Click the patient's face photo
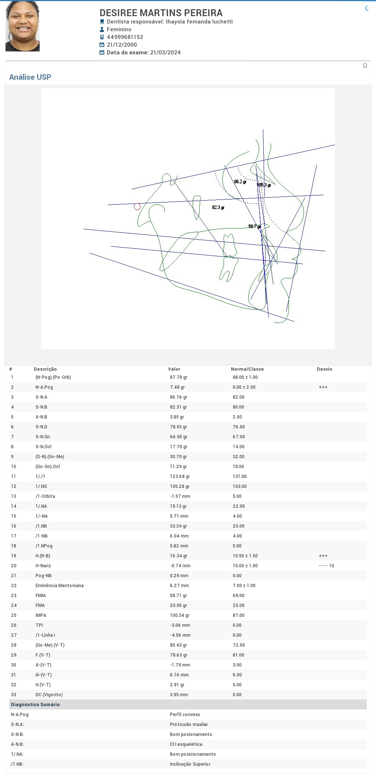point(22,26)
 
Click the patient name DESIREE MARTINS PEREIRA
point(161,13)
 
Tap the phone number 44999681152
point(125,37)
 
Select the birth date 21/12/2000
point(122,45)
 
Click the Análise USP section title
point(30,77)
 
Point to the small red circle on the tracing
point(137,207)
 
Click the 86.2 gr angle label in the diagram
point(240,182)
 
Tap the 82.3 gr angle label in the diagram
point(218,208)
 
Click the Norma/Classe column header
point(247,369)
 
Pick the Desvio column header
point(324,369)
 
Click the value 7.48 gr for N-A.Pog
point(177,387)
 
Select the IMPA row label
point(41,615)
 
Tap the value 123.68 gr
point(180,477)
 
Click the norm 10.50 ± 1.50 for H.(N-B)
point(245,556)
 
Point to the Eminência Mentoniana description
point(59,586)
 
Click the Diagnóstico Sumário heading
point(35,705)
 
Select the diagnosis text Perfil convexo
point(185,715)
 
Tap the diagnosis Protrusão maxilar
point(189,725)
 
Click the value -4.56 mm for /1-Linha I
point(180,635)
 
